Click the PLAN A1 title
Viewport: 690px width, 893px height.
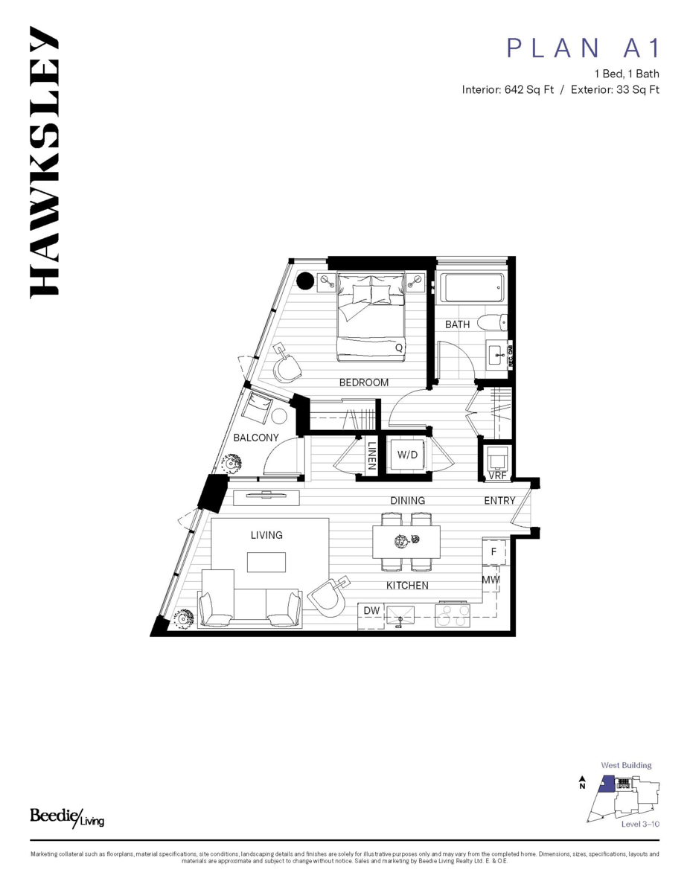pyautogui.click(x=583, y=48)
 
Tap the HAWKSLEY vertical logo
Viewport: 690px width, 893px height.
pyautogui.click(x=44, y=162)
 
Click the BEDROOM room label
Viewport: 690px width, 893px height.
pyautogui.click(x=364, y=383)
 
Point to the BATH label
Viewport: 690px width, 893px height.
pyautogui.click(x=457, y=324)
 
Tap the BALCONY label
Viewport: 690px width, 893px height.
pyautogui.click(x=256, y=438)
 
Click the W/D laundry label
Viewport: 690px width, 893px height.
pyautogui.click(x=407, y=455)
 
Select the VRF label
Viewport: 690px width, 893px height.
pyautogui.click(x=497, y=475)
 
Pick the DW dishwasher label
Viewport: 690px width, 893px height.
pyautogui.click(x=371, y=611)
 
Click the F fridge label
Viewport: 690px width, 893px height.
pyautogui.click(x=493, y=552)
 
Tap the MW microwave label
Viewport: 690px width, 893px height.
pyautogui.click(x=490, y=580)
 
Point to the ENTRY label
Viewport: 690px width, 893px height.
pyautogui.click(x=500, y=501)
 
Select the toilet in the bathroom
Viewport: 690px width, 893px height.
pyautogui.click(x=492, y=323)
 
